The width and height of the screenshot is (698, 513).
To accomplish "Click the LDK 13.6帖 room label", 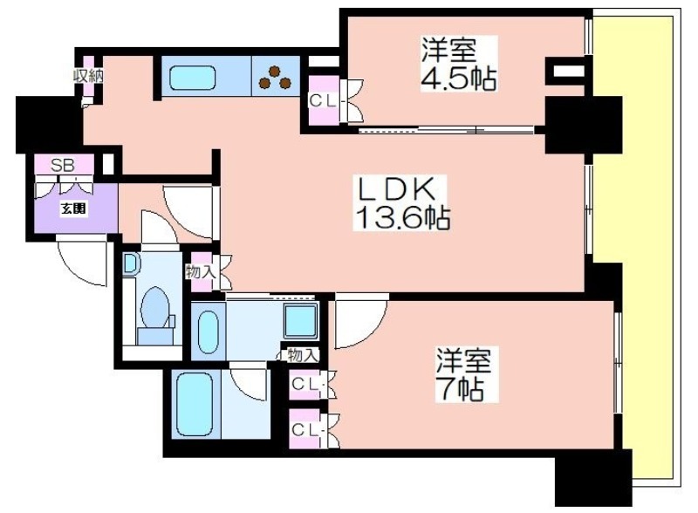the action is tap(400, 202).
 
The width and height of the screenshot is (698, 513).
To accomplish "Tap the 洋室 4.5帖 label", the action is tap(459, 65).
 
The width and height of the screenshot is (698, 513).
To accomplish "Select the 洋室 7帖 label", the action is tap(463, 374).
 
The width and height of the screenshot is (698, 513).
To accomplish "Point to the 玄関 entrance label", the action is tap(73, 209).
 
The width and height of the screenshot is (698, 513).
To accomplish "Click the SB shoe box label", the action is tap(62, 165).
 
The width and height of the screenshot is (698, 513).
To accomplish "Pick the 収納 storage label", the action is tap(88, 76).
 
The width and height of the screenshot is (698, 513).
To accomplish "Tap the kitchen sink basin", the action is tap(193, 78).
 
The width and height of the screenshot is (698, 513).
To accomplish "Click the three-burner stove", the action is tap(275, 77).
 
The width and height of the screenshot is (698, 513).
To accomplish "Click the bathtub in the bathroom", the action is tap(195, 404).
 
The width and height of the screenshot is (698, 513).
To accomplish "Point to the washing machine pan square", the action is tap(300, 321).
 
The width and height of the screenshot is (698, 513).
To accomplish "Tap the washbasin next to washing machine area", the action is tap(209, 331).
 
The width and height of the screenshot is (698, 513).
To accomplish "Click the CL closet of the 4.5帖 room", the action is tap(324, 100).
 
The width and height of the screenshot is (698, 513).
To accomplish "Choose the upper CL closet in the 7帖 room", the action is tap(305, 384).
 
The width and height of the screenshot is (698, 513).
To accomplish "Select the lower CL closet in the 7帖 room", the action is tap(305, 430).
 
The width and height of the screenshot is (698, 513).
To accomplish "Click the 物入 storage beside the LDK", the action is tap(202, 271).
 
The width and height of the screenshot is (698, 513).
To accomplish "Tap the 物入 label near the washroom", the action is tap(303, 355).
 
